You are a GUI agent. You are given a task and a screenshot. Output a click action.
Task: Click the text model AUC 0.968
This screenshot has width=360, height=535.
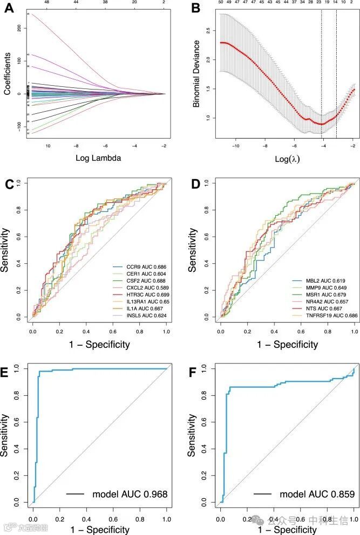(122, 494)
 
